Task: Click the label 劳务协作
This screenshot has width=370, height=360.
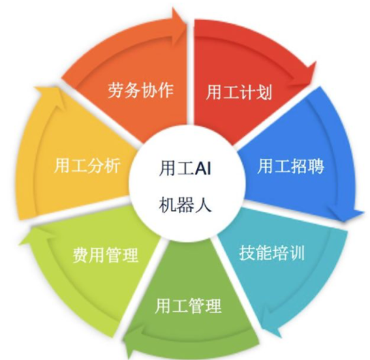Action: click(141, 90)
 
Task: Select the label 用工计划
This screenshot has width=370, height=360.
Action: click(238, 92)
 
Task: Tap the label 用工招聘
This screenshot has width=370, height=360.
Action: click(290, 166)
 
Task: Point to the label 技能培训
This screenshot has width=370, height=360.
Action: click(272, 253)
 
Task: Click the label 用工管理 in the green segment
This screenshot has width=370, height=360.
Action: click(188, 305)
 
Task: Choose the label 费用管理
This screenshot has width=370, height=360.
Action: click(106, 255)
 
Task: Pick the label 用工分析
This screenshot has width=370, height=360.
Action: click(87, 165)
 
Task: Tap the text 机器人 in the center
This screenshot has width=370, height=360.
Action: click(185, 205)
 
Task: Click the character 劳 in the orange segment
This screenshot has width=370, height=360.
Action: click(116, 90)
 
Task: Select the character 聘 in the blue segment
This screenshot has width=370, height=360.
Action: click(315, 166)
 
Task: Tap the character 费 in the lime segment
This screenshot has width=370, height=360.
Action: click(80, 255)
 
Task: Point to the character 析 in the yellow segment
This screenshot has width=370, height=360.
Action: click(112, 165)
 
